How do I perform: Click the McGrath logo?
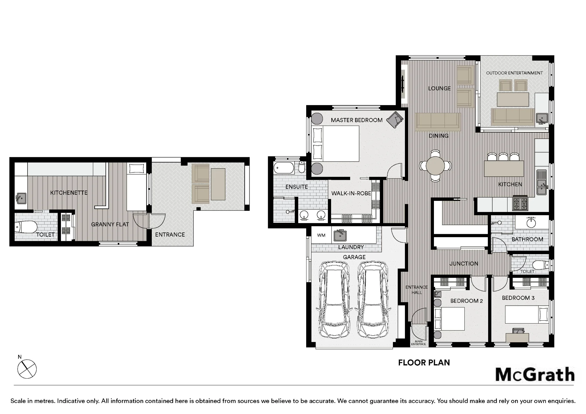pos(535,374)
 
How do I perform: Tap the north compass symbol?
pos(27,369)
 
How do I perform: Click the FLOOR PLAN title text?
pos(424,363)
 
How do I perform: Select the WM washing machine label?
pos(321,235)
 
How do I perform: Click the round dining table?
pos(435,166)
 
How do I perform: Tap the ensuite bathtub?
pos(284,168)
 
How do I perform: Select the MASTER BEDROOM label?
pos(357,120)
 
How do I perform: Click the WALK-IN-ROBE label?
pos(351,193)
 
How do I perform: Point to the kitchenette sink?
pos(21,199)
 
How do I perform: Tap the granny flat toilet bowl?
pos(26,227)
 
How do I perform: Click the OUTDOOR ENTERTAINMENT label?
pos(515,73)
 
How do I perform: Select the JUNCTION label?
pos(464,264)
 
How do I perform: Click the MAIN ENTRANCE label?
pos(418,343)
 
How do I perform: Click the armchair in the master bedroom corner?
pos(395,119)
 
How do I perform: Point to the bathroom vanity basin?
pos(531,223)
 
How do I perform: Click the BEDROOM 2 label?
pos(466,301)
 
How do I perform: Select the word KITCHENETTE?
pos(69,193)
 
